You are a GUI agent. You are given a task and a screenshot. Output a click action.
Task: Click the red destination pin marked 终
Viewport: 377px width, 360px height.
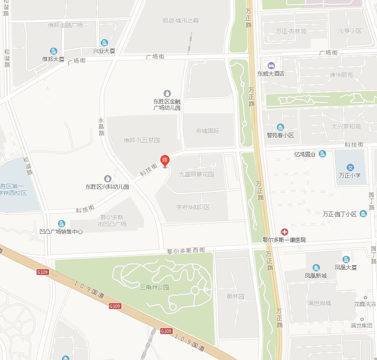coord(165,160)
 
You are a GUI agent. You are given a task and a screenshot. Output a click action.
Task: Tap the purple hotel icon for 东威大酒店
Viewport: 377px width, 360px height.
coord(271,65)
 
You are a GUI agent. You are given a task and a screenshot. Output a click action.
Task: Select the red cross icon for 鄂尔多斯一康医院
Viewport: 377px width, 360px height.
coord(285,232)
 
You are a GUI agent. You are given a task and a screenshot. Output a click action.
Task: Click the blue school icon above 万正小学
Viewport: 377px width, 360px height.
coord(351,168)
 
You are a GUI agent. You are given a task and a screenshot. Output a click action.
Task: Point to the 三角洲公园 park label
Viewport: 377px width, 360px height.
coord(154,287)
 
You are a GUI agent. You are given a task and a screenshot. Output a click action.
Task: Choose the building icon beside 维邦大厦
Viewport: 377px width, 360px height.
coord(53,51)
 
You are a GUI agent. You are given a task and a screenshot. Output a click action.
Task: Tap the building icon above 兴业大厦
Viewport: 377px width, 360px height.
coord(104,42)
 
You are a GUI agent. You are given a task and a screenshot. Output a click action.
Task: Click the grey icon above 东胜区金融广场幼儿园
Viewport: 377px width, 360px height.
coord(167,93)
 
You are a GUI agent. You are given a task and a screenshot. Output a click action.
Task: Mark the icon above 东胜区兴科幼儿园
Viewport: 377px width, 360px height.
coord(108,179)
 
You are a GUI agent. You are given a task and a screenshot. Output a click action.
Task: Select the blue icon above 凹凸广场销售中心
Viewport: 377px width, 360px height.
coord(62,224)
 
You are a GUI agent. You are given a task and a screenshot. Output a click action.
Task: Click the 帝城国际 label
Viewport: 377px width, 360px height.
coord(207,131)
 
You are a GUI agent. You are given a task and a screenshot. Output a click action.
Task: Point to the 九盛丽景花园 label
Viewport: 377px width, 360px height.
coord(196,175)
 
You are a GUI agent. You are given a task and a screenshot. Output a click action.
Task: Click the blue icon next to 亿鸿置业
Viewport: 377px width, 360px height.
coord(322,154)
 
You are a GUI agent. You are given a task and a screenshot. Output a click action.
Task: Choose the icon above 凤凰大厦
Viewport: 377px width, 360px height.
coord(346,259)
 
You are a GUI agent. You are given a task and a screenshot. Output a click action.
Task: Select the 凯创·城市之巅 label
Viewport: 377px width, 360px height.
coord(181,20)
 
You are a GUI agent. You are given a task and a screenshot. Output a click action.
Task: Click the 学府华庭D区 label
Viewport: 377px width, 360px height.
coord(193,207)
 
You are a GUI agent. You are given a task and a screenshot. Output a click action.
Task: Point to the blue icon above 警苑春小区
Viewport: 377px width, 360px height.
coord(280,127)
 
